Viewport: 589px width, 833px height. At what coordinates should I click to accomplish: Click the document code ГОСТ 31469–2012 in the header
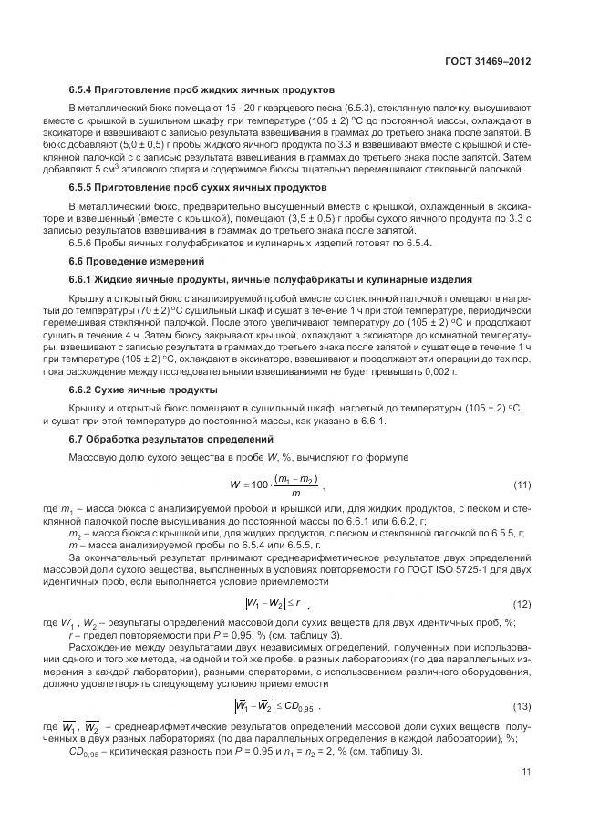click(x=487, y=61)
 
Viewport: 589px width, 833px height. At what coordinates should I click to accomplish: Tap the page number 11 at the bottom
click(x=526, y=771)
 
